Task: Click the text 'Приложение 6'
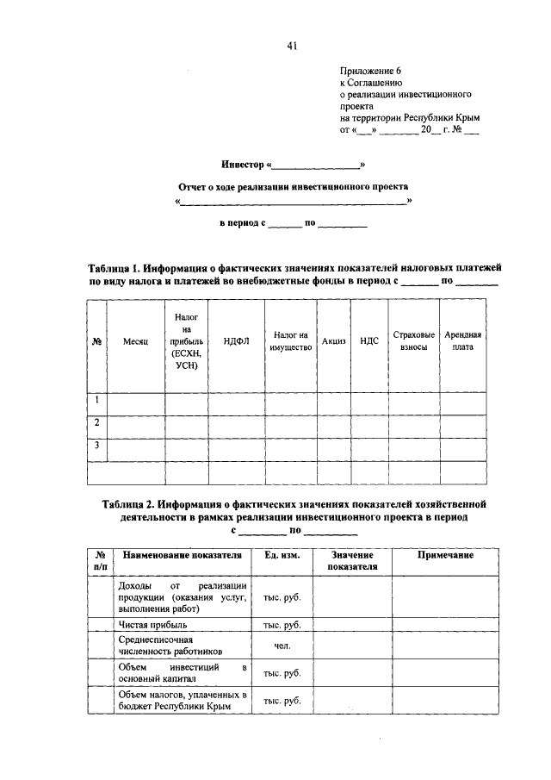pyautogui.click(x=371, y=73)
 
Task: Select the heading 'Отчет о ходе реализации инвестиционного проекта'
pyautogui.click(x=293, y=185)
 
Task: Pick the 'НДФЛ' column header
pyautogui.click(x=235, y=342)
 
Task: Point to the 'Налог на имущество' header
pyautogui.click(x=290, y=341)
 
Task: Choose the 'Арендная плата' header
pyautogui.click(x=462, y=341)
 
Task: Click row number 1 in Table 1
pyautogui.click(x=97, y=400)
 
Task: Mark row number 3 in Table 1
pyautogui.click(x=97, y=445)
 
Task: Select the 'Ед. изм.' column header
pyautogui.click(x=281, y=556)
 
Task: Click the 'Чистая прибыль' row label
pyautogui.click(x=151, y=624)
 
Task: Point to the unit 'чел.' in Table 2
pyautogui.click(x=281, y=646)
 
